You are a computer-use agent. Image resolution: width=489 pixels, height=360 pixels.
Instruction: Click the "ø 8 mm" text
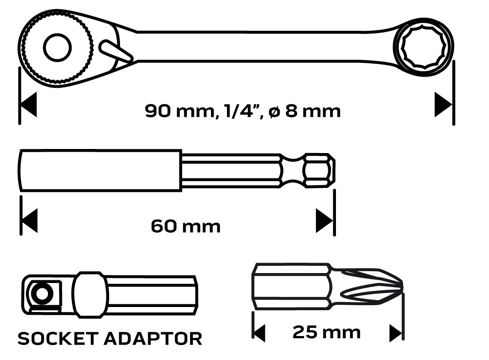click(304, 110)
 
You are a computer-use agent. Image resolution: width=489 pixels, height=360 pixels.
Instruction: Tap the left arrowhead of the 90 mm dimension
click(28, 105)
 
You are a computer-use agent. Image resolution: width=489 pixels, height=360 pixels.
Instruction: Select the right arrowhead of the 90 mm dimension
click(442, 105)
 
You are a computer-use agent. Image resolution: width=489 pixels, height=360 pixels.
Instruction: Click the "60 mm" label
click(186, 226)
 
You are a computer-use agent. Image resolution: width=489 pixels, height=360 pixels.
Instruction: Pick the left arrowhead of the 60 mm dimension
click(29, 221)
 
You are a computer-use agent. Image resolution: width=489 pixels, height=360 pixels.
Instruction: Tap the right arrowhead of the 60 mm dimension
click(324, 221)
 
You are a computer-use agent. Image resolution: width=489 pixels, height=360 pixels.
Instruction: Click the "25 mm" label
click(326, 333)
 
